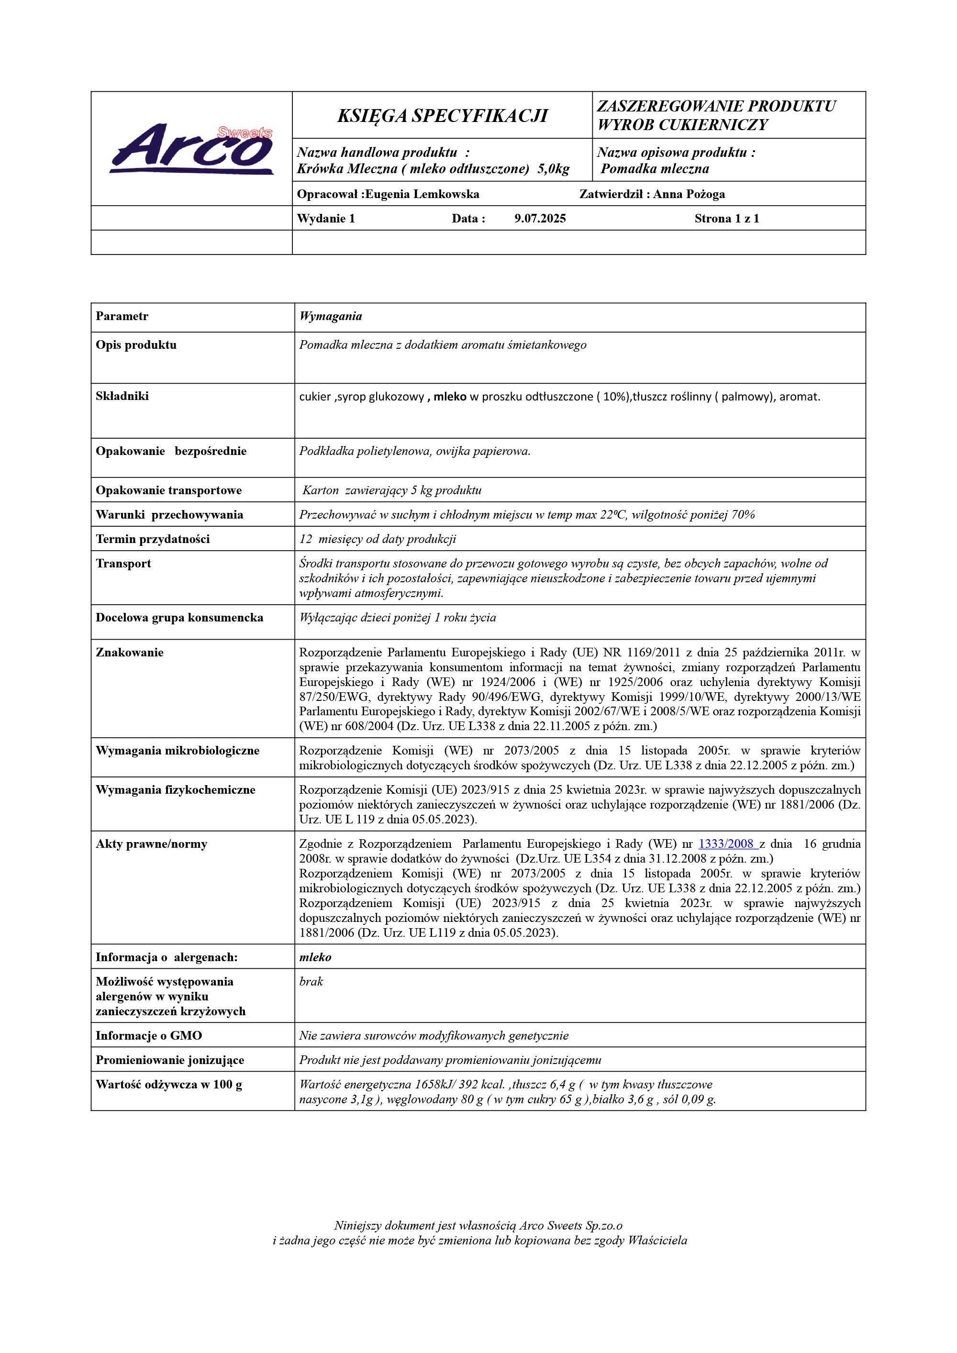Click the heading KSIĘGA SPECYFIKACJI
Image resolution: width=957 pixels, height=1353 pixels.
pyautogui.click(x=442, y=115)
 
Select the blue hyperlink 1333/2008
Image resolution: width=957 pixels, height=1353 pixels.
pyautogui.click(x=725, y=844)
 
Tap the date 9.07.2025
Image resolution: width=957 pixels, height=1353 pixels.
pyautogui.click(x=540, y=219)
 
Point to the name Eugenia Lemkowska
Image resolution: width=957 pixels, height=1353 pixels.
pyautogui.click(x=422, y=194)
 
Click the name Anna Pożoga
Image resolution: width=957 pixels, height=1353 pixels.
pyautogui.click(x=689, y=194)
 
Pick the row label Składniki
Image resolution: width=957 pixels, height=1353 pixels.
pyautogui.click(x=122, y=396)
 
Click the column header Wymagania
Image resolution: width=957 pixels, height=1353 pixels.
pyautogui.click(x=331, y=316)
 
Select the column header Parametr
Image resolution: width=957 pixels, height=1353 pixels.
pyautogui.click(x=122, y=316)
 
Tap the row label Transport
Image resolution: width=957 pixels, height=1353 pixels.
pyautogui.click(x=123, y=564)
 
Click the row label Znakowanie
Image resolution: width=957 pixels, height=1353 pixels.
pyautogui.click(x=130, y=653)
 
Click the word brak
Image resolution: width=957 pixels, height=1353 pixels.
pyautogui.click(x=311, y=981)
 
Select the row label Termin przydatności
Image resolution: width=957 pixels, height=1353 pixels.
pyautogui.click(x=153, y=539)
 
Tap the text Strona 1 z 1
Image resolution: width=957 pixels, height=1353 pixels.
pyautogui.click(x=726, y=219)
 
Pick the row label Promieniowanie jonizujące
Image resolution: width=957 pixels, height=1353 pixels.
pyautogui.click(x=170, y=1060)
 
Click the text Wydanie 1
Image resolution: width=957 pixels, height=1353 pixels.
pyautogui.click(x=326, y=219)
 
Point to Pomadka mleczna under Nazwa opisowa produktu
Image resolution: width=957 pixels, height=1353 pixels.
pyautogui.click(x=655, y=169)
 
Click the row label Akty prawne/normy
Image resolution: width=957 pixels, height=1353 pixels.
pyautogui.click(x=152, y=844)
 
